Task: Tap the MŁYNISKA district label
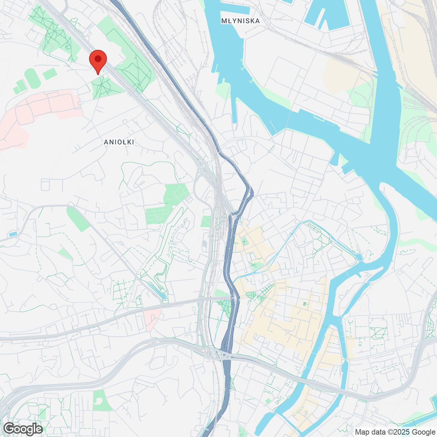click(x=240, y=21)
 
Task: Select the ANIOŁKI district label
click(x=119, y=142)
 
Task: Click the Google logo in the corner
click(x=23, y=429)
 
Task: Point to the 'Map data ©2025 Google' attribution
click(x=395, y=432)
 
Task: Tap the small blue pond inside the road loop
click(x=13, y=234)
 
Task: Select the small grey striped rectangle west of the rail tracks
click(x=205, y=244)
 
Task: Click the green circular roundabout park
click(x=252, y=295)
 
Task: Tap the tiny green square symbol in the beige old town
click(x=305, y=304)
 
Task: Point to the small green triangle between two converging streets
click(x=65, y=254)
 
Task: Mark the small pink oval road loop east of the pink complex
click(x=81, y=103)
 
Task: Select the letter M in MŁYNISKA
click(x=224, y=21)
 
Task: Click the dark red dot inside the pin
click(x=98, y=59)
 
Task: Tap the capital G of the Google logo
click(x=9, y=428)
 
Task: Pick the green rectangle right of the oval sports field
click(x=50, y=74)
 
